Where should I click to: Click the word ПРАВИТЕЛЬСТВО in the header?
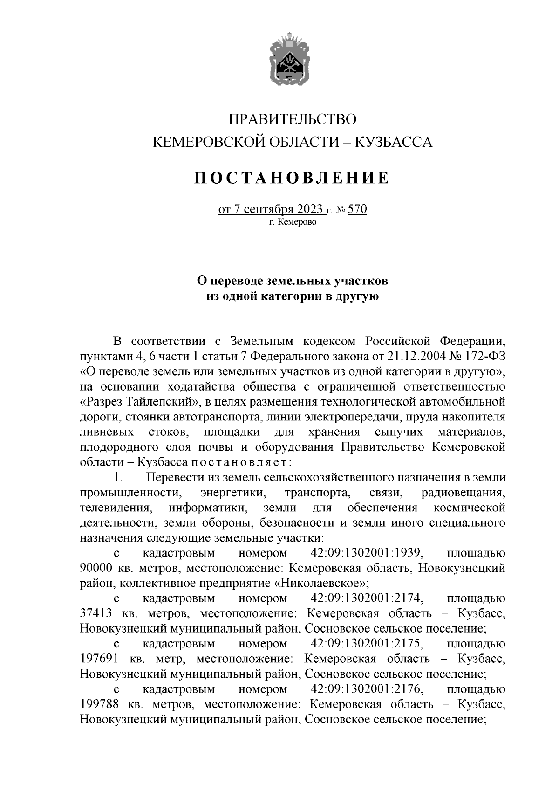click(x=293, y=119)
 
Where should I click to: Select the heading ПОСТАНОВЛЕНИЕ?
click(x=292, y=178)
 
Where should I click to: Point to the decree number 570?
click(x=357, y=210)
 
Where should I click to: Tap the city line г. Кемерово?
click(x=293, y=222)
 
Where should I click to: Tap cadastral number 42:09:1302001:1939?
click(x=366, y=553)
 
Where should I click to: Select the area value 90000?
click(x=96, y=569)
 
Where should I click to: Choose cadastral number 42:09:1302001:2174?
click(x=366, y=598)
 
